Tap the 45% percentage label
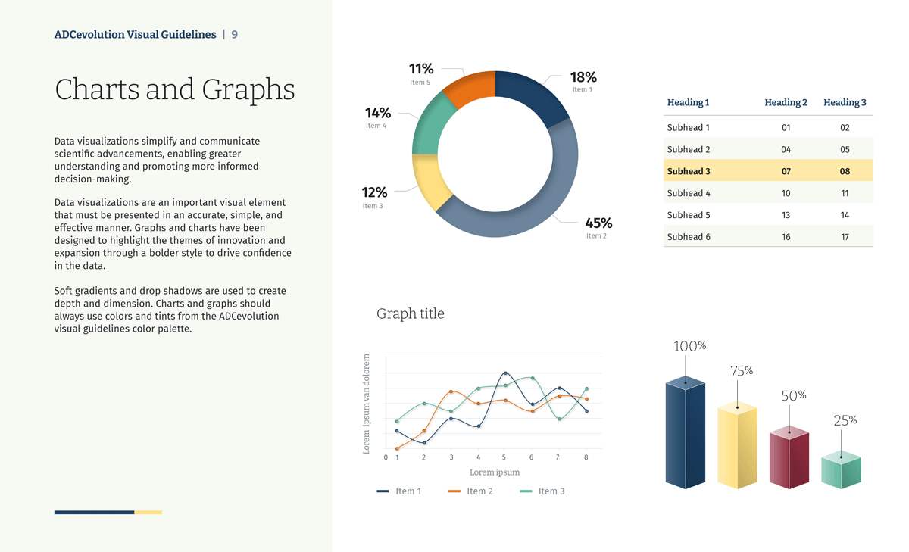point(598,223)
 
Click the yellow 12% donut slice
point(429,181)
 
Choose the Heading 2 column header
point(786,102)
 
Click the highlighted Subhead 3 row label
point(689,171)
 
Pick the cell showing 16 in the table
point(786,237)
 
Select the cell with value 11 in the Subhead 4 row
point(845,193)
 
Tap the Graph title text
point(411,313)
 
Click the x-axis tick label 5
point(504,457)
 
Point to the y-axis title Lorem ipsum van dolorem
point(367,404)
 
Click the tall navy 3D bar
point(685,435)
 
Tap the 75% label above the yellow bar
point(742,371)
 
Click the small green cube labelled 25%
point(841,470)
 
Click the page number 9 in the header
point(235,35)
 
